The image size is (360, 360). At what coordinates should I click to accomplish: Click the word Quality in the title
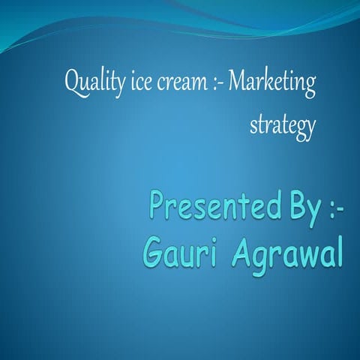90,82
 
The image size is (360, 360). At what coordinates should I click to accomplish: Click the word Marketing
271,82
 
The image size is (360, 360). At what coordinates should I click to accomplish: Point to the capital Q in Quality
73,81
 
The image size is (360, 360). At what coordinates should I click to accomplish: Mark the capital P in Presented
159,204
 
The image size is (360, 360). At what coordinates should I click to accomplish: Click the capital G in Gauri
152,253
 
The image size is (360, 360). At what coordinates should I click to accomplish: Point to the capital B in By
290,203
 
